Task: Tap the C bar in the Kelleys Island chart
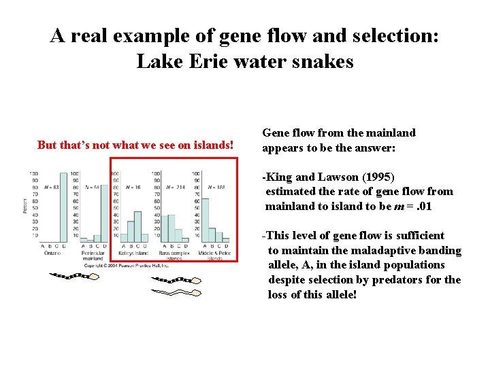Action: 139,226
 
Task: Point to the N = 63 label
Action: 52,186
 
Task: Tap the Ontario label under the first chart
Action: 53,253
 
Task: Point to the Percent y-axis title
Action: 26,206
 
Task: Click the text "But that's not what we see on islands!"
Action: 135,145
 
